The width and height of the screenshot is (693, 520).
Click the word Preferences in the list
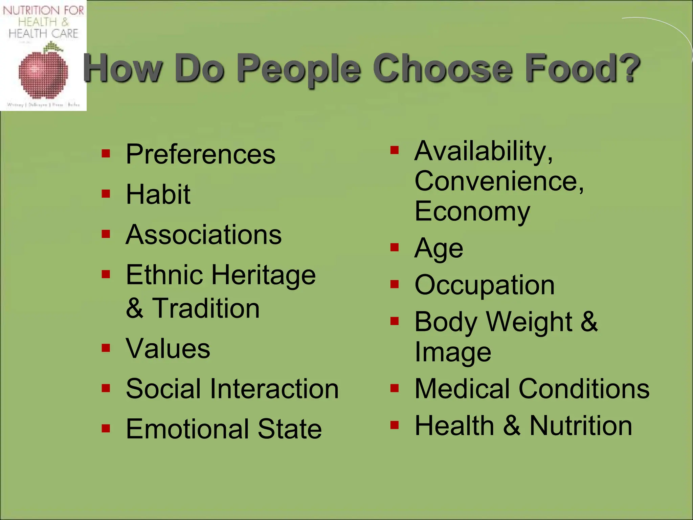[x=200, y=154]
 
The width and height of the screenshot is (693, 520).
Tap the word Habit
[x=158, y=194]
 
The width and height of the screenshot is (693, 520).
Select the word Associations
[x=203, y=235]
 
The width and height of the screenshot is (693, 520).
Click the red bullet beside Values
[x=106, y=348]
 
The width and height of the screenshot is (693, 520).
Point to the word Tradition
[x=206, y=308]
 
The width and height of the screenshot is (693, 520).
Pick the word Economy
[x=472, y=212]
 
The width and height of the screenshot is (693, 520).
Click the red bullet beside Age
[x=395, y=247]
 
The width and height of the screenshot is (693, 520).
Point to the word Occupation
[x=485, y=285]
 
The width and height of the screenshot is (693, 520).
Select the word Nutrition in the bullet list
[x=581, y=426]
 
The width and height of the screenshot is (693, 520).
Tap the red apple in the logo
[x=43, y=74]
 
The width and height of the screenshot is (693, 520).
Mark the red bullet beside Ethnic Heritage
[x=106, y=274]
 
